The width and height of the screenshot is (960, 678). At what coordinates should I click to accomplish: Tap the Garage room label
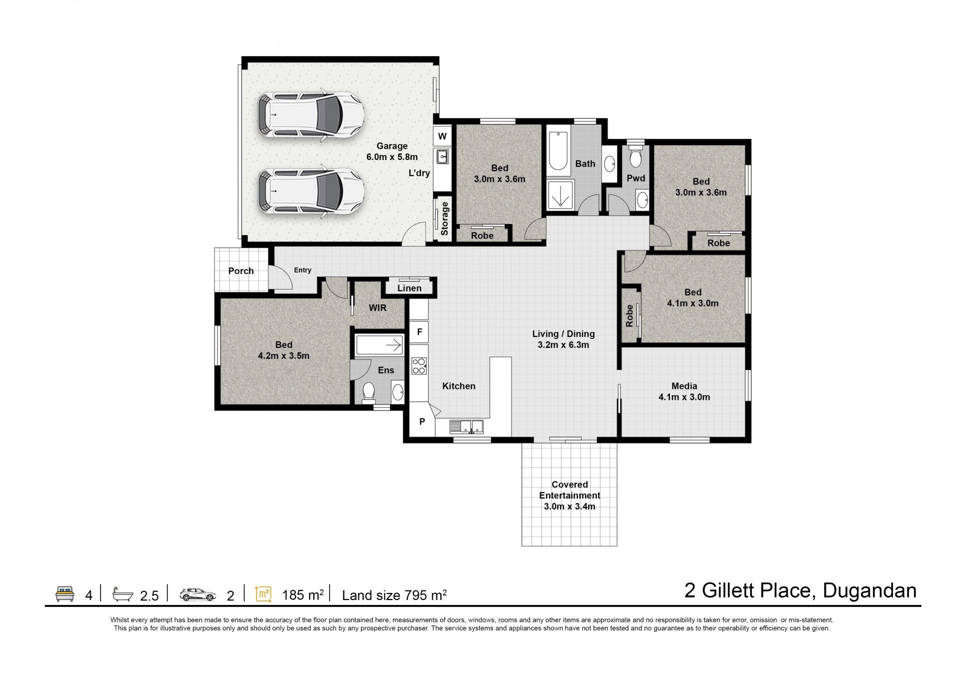tap(392, 151)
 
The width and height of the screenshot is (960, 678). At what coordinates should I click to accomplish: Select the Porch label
tap(241, 271)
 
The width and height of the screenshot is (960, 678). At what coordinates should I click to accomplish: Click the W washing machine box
tap(442, 136)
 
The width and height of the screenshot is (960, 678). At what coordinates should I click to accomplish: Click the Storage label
tap(444, 218)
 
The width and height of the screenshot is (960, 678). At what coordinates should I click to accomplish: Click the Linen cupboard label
tap(409, 288)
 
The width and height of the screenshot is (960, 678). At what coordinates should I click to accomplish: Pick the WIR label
tap(377, 308)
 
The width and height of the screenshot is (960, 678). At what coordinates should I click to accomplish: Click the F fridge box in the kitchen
tap(419, 331)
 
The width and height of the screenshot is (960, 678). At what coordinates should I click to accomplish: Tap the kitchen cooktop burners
tap(418, 366)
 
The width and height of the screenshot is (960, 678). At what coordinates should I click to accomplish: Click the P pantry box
tap(422, 421)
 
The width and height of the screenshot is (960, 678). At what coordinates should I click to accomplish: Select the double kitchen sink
tap(466, 426)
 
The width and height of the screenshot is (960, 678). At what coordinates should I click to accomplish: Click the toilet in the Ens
tap(368, 392)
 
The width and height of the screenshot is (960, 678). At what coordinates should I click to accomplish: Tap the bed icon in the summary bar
tap(65, 594)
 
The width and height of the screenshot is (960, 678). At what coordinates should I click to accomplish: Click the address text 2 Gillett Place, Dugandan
tap(800, 590)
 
